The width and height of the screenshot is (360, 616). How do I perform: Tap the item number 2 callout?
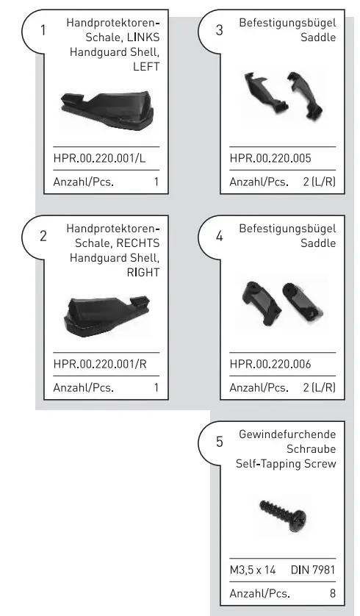pos(43,236)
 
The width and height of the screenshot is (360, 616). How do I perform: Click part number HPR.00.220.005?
pos(270,157)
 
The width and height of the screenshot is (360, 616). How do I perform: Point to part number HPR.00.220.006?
pos(270,363)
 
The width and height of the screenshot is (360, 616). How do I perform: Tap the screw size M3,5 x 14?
pos(255,569)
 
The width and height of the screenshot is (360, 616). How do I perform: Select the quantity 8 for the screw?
pos(332,592)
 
